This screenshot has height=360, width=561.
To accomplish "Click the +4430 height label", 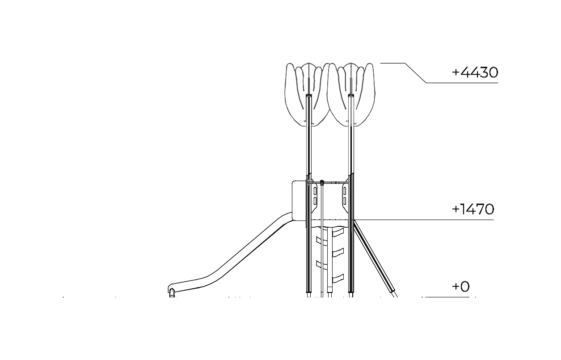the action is pos(475,72).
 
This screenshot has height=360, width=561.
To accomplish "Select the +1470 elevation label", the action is pos(473,209).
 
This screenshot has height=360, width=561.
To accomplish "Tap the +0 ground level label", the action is pos(460,286).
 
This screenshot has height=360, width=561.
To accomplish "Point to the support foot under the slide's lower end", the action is pos(172,293).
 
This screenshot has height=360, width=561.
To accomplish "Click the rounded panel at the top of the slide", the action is pos(299,200).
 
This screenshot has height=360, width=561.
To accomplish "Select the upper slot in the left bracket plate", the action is pos(315,191).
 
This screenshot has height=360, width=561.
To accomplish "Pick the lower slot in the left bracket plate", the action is pos(315,201).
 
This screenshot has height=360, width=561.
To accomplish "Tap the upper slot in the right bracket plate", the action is pos(345,191).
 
